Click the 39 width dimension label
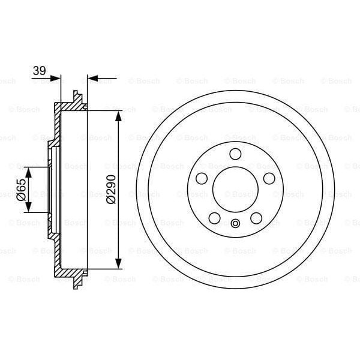click(x=39, y=71)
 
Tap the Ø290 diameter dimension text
click(x=110, y=190)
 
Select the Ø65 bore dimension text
click(x=20, y=190)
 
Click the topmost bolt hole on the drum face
click(x=235, y=154)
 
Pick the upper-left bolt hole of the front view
click(x=202, y=178)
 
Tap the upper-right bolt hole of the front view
click(x=269, y=178)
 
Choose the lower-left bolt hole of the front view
click(x=214, y=218)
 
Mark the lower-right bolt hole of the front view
click(x=256, y=218)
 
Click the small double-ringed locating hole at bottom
click(x=235, y=225)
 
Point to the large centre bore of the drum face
click(x=235, y=190)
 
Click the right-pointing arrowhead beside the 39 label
click(x=56, y=78)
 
